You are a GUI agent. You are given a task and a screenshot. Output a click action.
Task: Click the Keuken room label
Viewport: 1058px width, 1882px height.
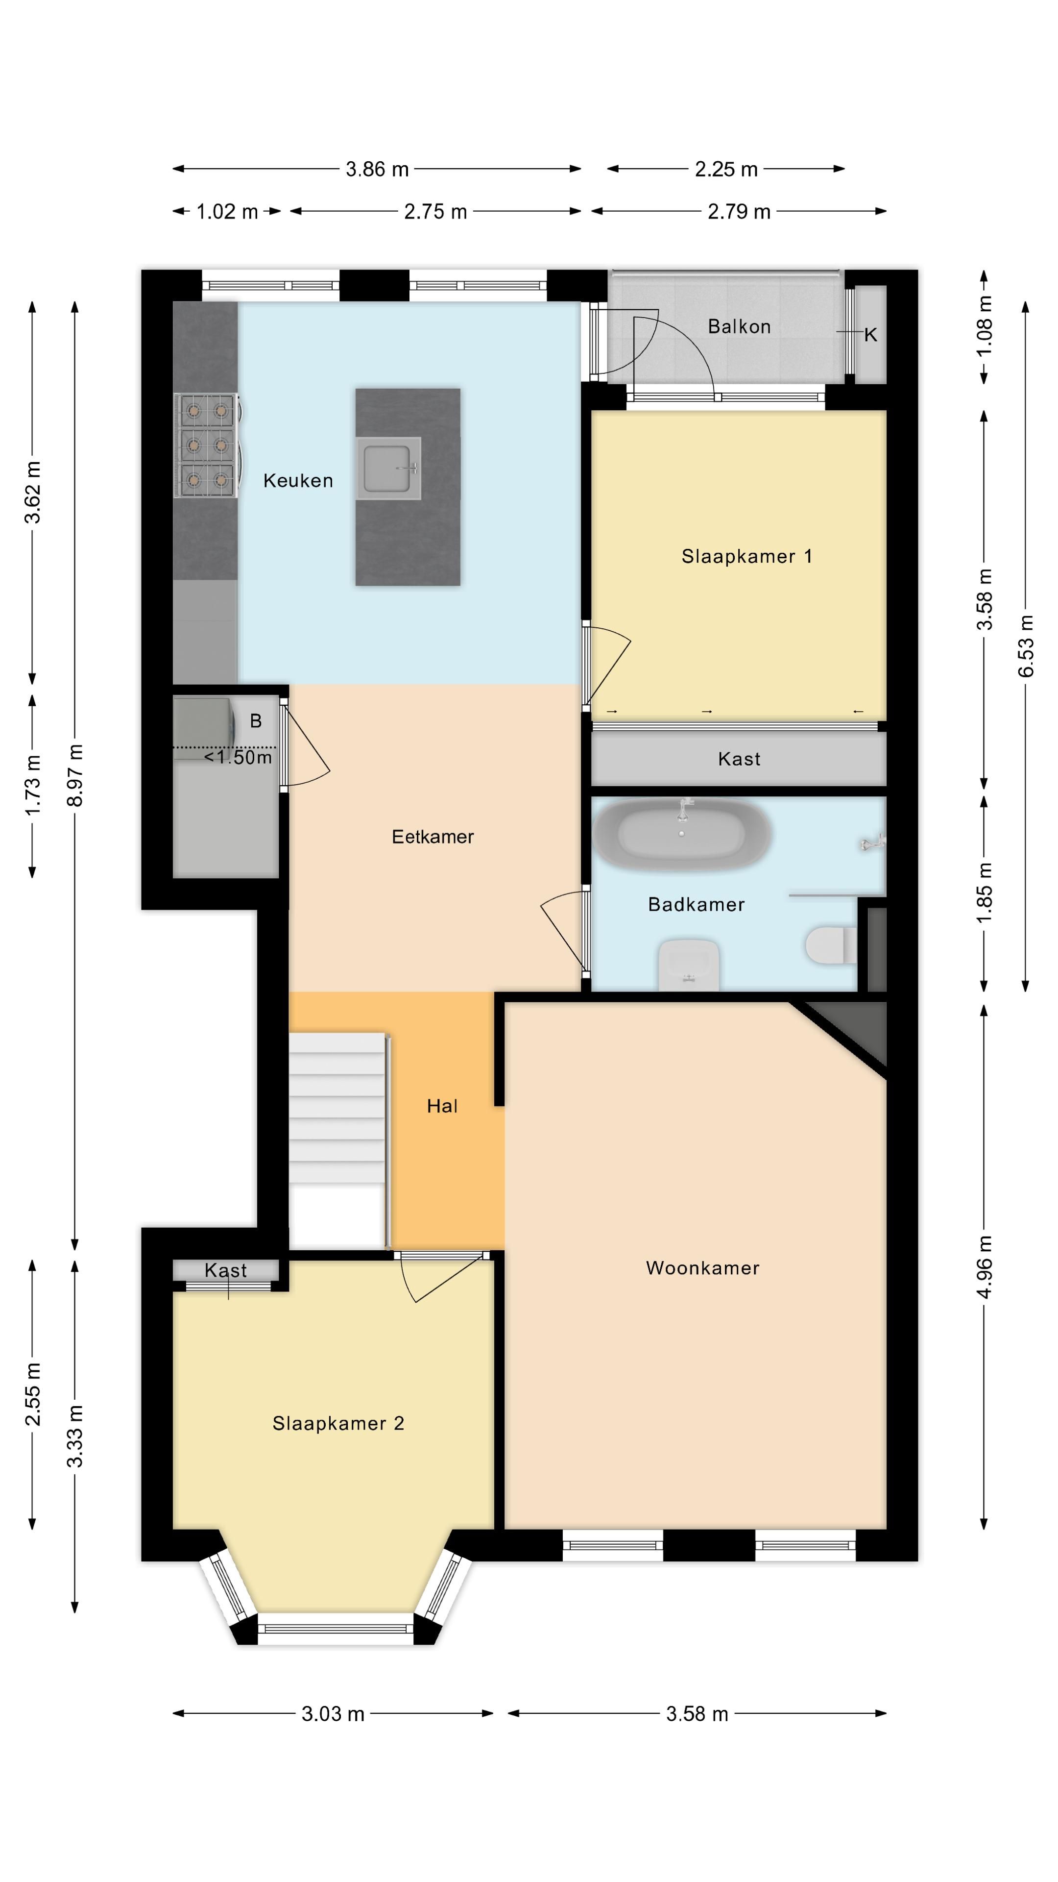298,481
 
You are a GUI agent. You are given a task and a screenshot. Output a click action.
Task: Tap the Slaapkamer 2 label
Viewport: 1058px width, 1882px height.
338,1423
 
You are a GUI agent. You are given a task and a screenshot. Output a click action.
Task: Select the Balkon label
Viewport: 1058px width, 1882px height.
739,326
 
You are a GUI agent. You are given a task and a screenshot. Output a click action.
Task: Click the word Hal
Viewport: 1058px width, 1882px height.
442,1106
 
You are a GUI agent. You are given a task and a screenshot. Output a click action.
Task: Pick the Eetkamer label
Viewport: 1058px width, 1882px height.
433,837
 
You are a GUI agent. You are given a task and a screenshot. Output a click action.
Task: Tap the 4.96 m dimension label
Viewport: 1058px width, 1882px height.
984,1267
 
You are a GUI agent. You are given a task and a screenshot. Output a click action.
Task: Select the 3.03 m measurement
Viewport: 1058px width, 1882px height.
333,1713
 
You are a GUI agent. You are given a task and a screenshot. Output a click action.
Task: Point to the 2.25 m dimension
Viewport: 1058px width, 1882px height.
726,170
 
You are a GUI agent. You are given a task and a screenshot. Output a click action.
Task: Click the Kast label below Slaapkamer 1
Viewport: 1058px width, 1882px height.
739,759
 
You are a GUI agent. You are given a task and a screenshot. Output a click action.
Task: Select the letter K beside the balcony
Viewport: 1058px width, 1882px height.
870,335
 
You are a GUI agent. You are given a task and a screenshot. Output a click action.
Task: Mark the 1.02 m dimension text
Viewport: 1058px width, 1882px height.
227,212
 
